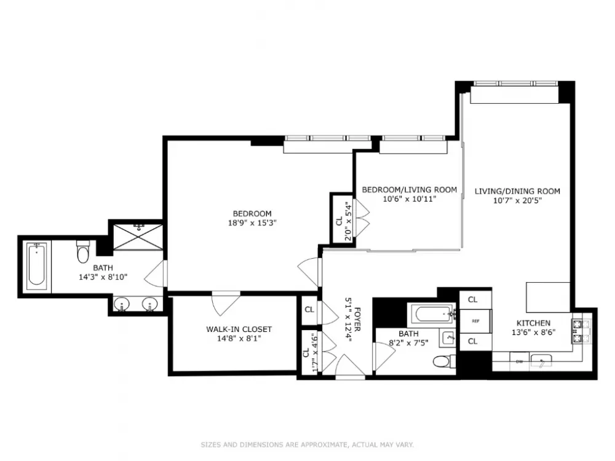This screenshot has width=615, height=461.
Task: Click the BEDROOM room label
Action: tap(252, 214)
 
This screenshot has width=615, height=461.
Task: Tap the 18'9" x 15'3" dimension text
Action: tap(252, 223)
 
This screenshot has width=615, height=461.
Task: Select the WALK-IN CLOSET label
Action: tap(239, 329)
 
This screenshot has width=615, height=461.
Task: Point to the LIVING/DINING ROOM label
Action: tap(517, 191)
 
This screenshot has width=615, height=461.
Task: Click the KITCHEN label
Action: tap(533, 323)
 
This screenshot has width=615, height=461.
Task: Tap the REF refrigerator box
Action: tap(475, 321)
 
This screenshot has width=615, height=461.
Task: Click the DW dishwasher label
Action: tap(519, 362)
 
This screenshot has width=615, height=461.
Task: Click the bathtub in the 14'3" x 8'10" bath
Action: tap(36, 264)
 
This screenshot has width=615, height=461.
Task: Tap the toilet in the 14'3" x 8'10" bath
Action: tap(83, 251)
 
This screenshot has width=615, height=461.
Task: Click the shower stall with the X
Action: tap(138, 237)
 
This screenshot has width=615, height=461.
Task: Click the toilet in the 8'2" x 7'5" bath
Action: tap(445, 361)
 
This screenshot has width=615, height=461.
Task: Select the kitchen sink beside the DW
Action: tap(541, 361)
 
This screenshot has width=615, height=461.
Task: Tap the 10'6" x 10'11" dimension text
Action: tap(410, 199)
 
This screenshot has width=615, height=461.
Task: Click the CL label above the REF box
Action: tap(472, 299)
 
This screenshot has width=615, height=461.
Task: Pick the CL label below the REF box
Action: tap(472, 341)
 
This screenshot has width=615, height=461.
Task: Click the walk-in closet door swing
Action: tap(226, 302)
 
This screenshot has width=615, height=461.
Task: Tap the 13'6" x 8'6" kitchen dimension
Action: tap(533, 333)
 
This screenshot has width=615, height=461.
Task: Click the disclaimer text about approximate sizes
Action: tap(307, 444)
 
